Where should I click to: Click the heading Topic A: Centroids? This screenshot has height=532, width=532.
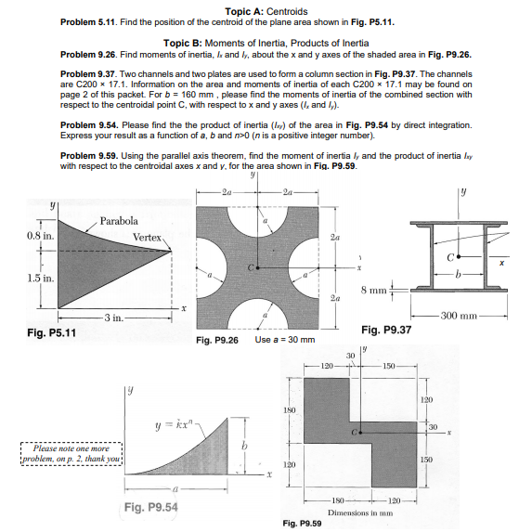266,9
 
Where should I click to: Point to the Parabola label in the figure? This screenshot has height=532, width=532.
118,221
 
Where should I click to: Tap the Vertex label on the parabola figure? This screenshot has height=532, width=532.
147,239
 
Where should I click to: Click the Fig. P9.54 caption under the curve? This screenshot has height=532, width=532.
150,507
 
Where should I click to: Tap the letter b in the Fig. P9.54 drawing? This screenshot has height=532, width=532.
246,447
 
